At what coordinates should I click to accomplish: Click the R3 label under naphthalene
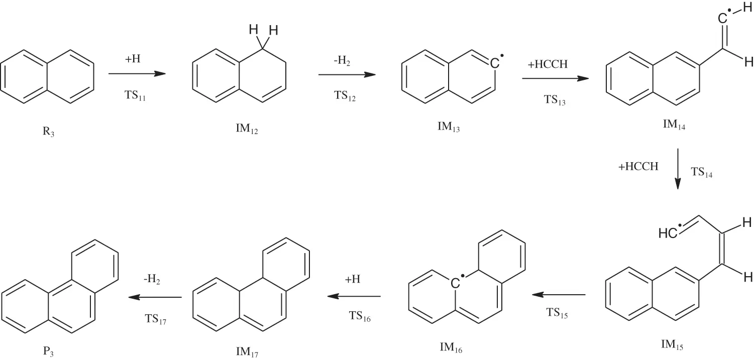[x=48, y=133]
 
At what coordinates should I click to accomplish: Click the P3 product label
[x=48, y=352]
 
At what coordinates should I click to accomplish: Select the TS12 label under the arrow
[x=345, y=97]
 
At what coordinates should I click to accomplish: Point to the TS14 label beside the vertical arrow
[x=702, y=173]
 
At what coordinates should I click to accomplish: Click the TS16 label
[x=360, y=316]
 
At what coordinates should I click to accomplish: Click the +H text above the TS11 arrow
[x=134, y=59]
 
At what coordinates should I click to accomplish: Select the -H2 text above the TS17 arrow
[x=154, y=281]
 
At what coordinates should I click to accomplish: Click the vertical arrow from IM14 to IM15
[x=678, y=168]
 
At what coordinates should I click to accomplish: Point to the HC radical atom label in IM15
[x=668, y=233]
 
